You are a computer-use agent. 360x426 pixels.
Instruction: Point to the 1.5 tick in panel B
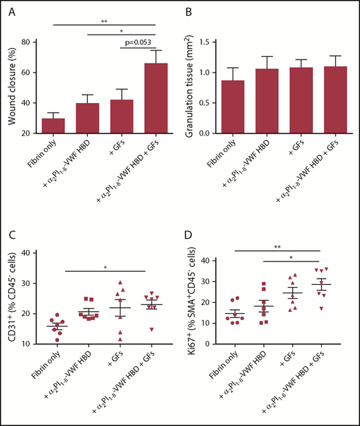pyautogui.click(x=207, y=41)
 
